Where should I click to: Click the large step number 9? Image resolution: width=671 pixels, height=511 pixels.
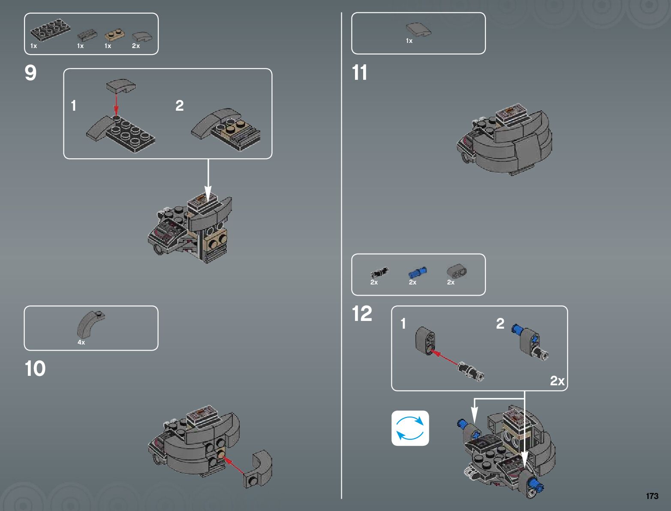[30, 73]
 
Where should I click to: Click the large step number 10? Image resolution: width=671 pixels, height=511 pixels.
[35, 369]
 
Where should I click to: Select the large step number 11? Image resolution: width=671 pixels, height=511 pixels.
[359, 73]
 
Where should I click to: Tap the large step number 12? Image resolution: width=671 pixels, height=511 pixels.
[362, 314]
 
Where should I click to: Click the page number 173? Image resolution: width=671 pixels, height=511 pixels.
[652, 496]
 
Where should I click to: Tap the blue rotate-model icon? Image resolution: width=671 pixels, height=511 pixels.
[410, 428]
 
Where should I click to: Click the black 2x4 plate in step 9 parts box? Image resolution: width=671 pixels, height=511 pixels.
[51, 30]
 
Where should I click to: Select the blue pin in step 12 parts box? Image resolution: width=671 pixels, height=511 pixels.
[417, 272]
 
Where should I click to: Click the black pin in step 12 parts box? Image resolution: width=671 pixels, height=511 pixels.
[379, 272]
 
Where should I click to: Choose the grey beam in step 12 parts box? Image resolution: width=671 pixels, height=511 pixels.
[456, 271]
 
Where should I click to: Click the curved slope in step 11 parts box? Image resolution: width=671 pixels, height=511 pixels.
[418, 30]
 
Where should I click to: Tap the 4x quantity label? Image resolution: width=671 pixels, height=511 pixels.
[81, 342]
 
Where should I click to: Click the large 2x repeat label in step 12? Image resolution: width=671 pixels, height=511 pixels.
[557, 381]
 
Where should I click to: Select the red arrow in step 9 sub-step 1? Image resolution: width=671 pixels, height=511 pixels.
[116, 103]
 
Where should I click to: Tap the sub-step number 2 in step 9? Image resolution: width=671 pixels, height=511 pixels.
[179, 106]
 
